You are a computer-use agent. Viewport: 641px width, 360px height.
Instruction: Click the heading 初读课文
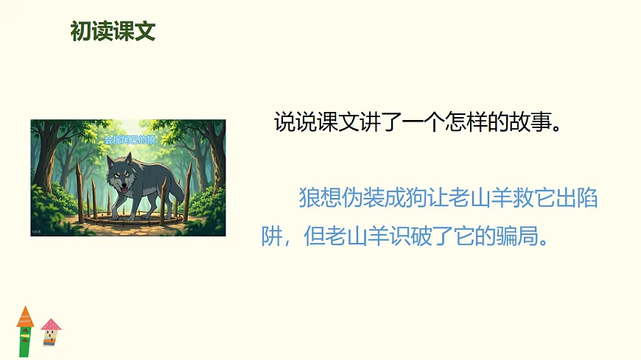click(112, 32)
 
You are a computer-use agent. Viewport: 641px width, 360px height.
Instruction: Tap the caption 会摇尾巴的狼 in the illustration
click(130, 139)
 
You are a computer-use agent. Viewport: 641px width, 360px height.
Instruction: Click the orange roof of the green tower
click(25, 317)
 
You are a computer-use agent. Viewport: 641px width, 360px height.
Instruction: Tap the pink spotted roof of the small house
click(51, 324)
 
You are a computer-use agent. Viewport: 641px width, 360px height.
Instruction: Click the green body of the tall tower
click(25, 342)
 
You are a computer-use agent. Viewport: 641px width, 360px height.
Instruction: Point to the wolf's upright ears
click(119, 160)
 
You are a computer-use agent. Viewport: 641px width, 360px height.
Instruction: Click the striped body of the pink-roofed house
click(50, 337)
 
